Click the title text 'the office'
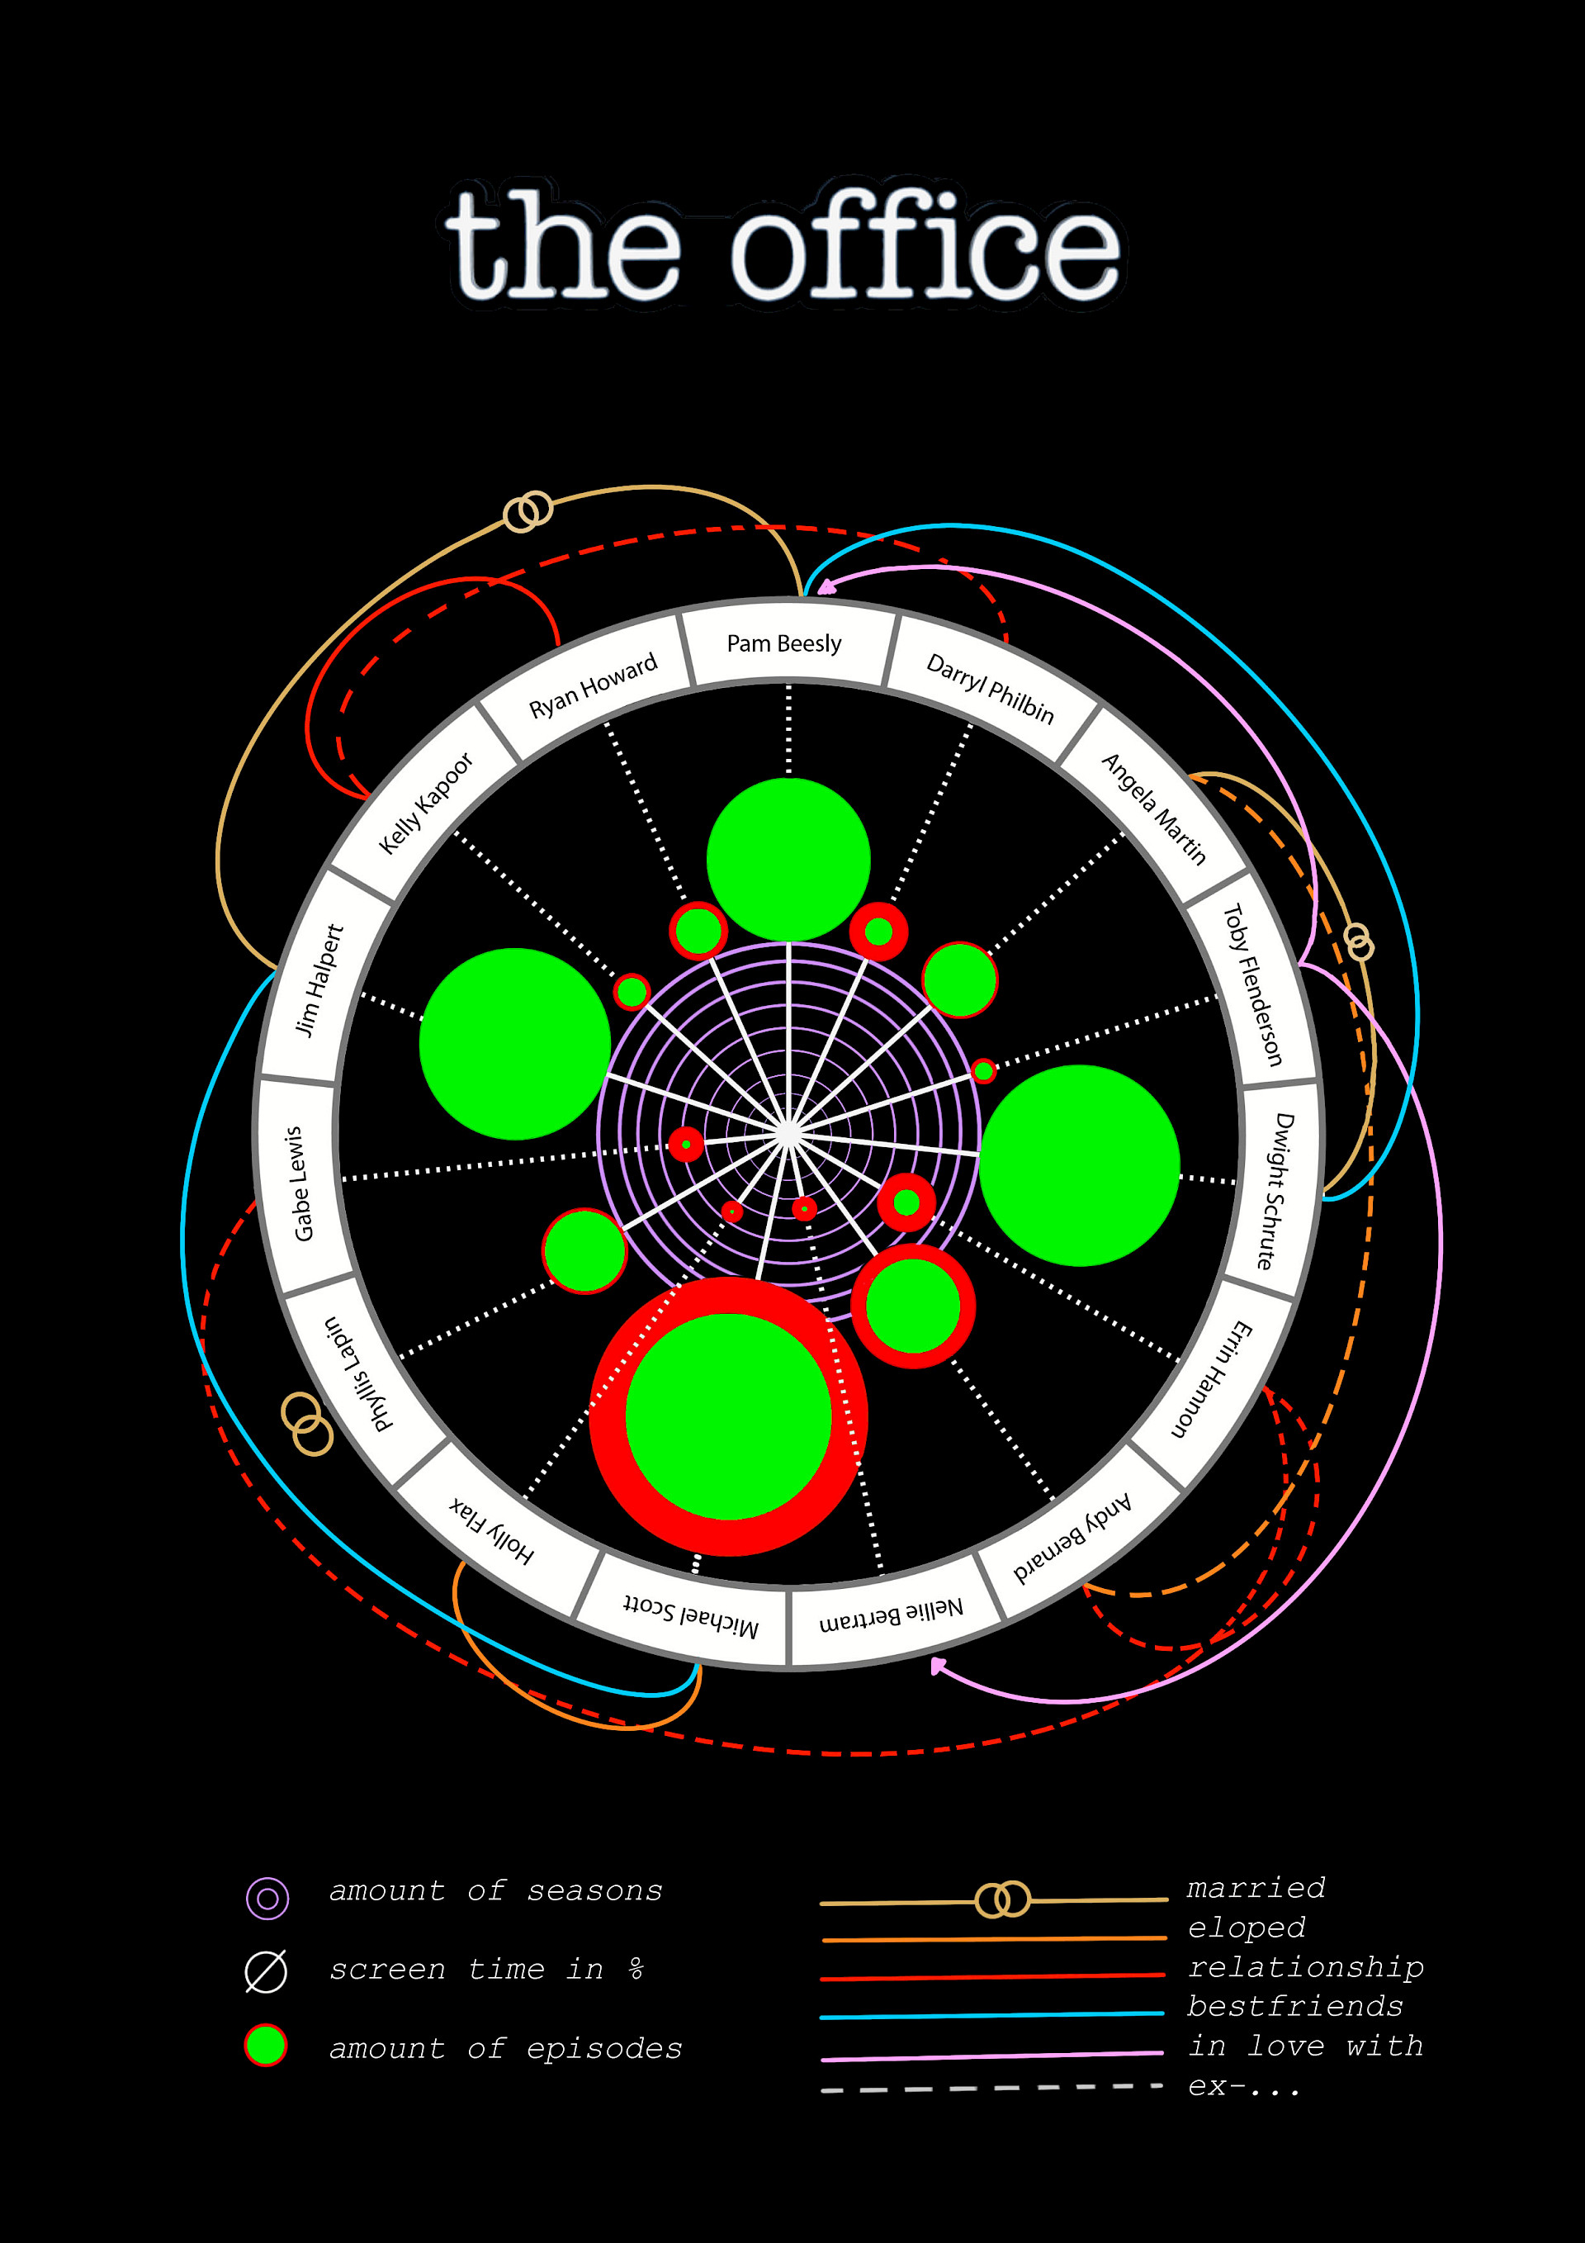pos(783,244)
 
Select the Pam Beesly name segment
pos(784,644)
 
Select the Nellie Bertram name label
pos(891,1614)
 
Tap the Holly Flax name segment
pos(492,1529)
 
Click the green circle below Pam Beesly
pos(788,860)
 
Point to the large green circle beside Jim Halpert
pos(514,1043)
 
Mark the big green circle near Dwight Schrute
pos(1079,1164)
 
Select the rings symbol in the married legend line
pos(1003,1899)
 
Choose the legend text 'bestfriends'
pos(1294,2007)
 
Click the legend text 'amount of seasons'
pos(496,1891)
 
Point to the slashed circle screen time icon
pos(266,1970)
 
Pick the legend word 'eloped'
pos(1247,1928)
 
